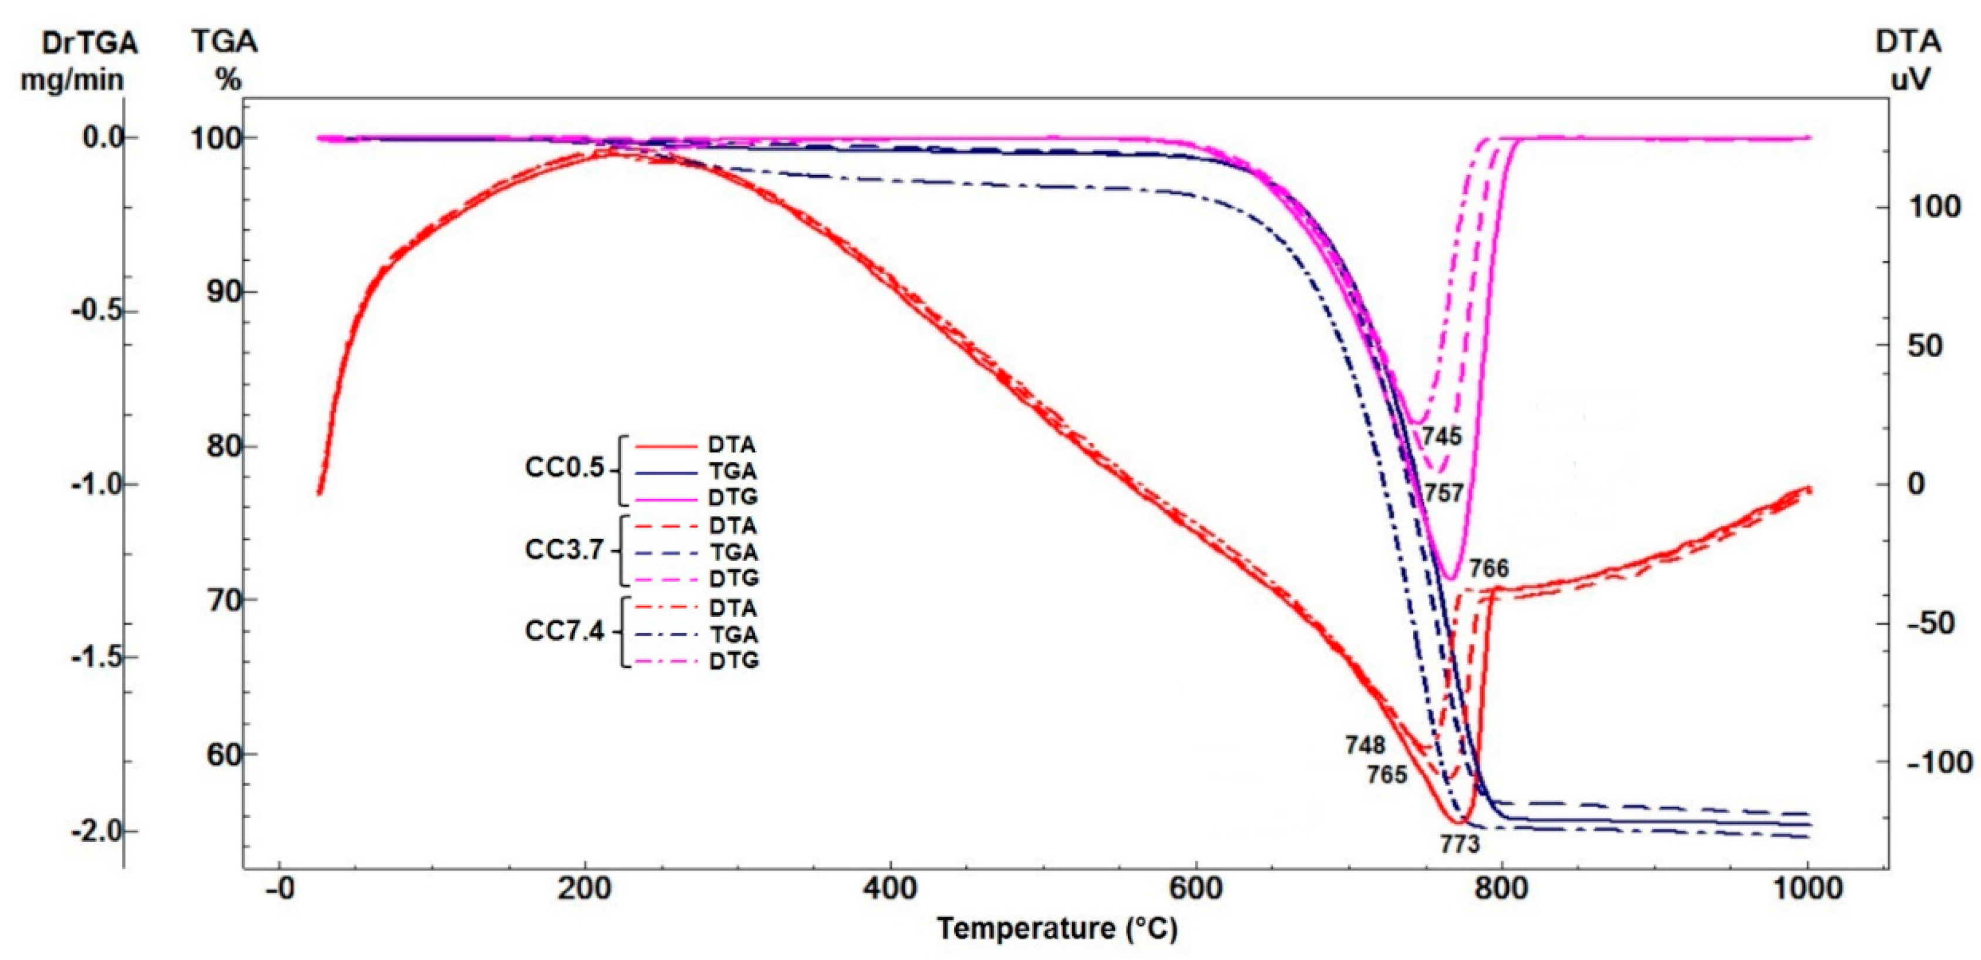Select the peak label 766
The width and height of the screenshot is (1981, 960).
[1489, 569]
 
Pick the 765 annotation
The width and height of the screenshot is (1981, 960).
[1387, 774]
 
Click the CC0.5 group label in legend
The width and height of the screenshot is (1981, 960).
[564, 468]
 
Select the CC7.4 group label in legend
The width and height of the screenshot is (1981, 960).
[564, 632]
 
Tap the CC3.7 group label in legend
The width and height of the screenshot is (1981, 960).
[564, 550]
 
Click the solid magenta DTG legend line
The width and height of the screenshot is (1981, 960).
[666, 498]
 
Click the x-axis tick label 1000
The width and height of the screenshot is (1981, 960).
[1807, 889]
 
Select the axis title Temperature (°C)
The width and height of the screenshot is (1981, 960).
[1057, 928]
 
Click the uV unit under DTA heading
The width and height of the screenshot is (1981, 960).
[1909, 79]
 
